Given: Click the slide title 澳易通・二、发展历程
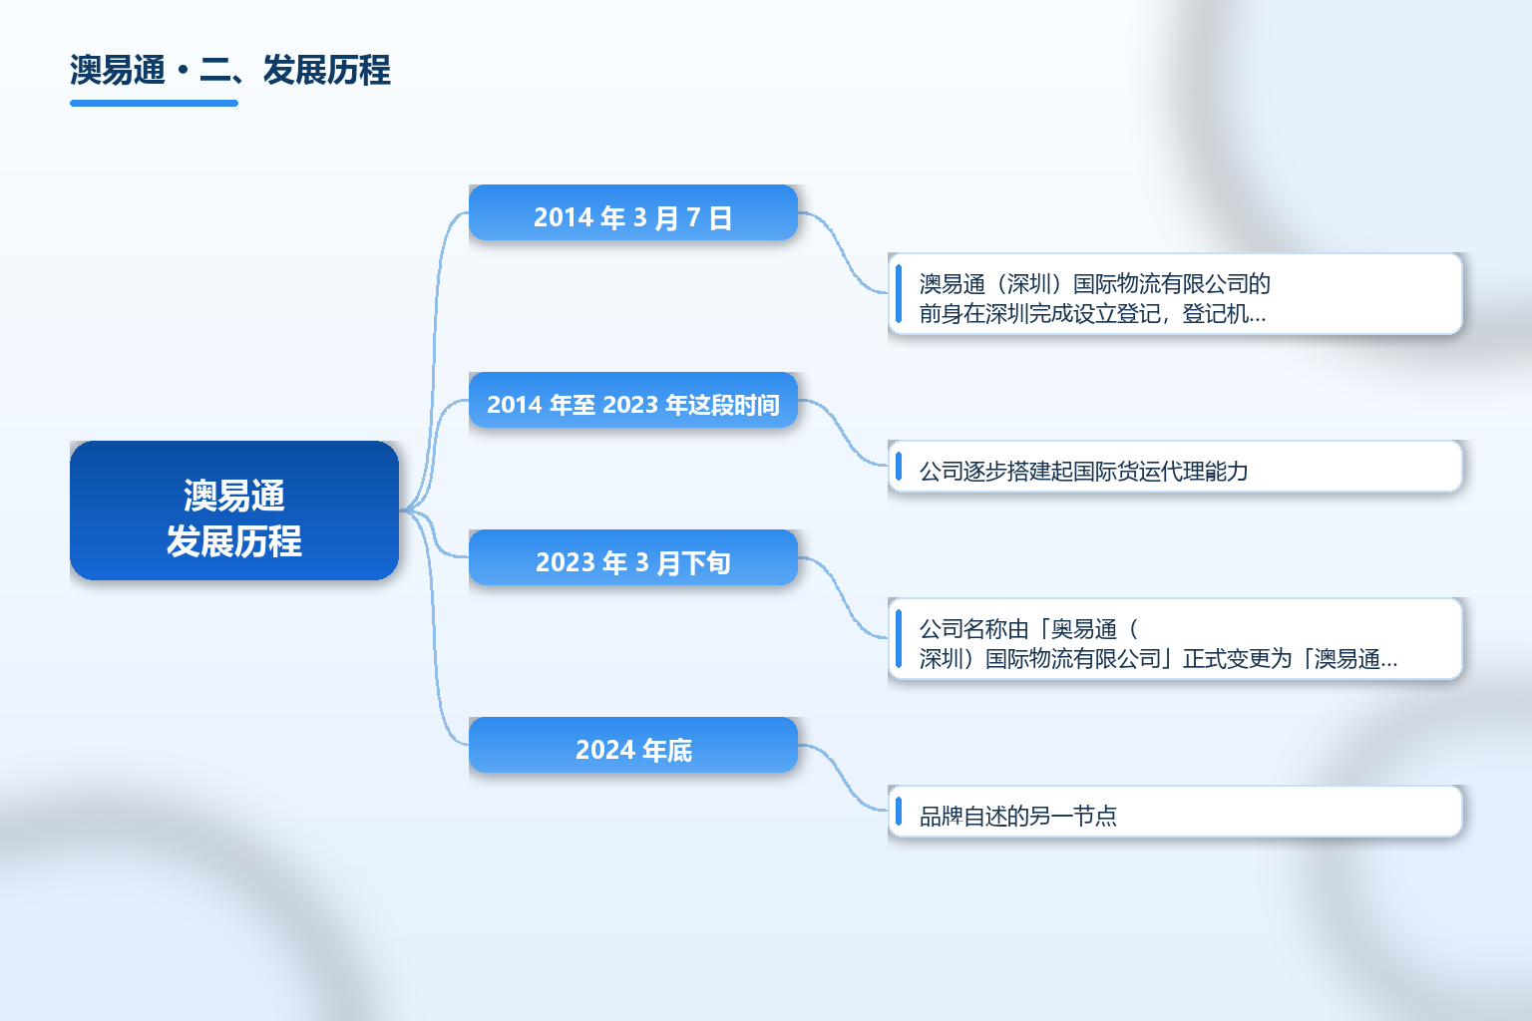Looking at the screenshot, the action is (x=229, y=70).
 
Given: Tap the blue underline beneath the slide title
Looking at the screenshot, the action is (x=154, y=104).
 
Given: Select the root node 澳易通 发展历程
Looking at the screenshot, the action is (x=234, y=510).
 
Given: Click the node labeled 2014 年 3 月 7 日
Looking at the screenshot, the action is (x=633, y=212).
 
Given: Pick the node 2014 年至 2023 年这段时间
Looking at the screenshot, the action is (x=633, y=400).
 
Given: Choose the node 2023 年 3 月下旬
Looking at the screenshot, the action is (x=633, y=557).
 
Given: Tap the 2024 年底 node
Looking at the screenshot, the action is (x=633, y=745).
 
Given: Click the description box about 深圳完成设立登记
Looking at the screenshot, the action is (x=1175, y=294).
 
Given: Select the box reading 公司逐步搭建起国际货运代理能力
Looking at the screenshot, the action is (x=1175, y=467).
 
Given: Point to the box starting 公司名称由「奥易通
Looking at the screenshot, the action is (x=1175, y=639).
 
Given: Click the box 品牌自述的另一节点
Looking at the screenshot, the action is (x=1175, y=811).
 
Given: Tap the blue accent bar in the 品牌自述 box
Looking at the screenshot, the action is (x=899, y=811).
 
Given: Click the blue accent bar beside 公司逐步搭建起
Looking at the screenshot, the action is (x=899, y=467).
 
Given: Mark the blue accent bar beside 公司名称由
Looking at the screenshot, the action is (x=899, y=639).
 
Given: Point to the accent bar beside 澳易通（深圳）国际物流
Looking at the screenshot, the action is (x=899, y=294).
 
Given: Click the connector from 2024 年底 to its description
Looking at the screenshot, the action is (x=843, y=778).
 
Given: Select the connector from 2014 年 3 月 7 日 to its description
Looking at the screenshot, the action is (x=843, y=253).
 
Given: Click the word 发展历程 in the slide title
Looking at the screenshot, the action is (x=326, y=70).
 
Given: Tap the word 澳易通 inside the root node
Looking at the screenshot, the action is (x=234, y=496).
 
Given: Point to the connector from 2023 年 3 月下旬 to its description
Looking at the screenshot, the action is (x=843, y=597).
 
